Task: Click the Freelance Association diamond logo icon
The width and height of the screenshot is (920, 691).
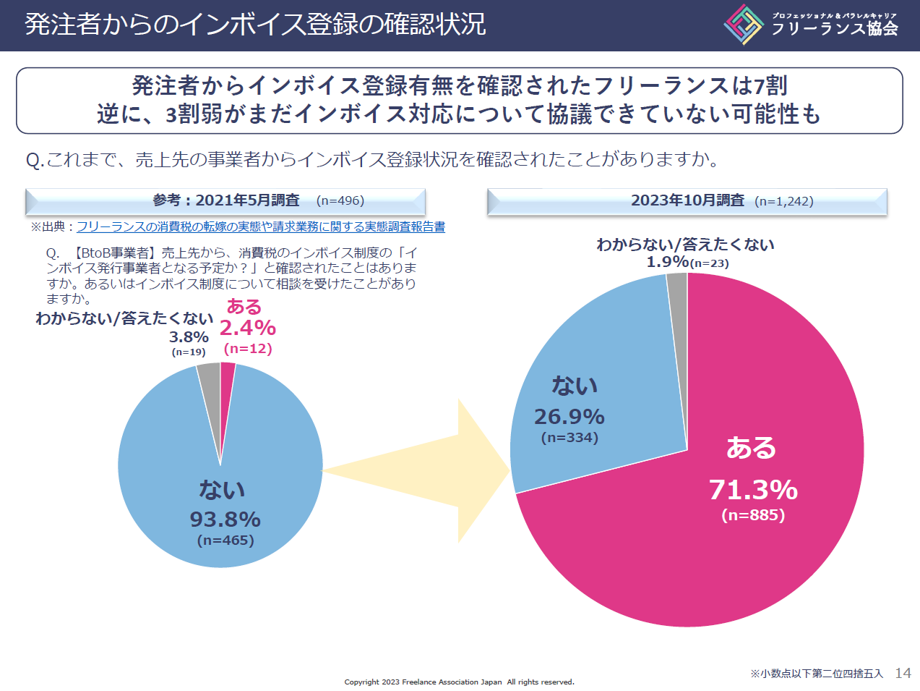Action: [744, 25]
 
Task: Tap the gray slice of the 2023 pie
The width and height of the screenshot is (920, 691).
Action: [678, 289]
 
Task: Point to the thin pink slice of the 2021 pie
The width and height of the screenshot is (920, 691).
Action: [226, 383]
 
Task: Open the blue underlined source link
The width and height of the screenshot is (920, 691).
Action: [260, 226]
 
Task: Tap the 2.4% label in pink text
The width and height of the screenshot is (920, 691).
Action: [247, 328]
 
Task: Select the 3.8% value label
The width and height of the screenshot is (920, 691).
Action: [189, 336]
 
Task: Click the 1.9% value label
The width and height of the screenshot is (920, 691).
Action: [667, 261]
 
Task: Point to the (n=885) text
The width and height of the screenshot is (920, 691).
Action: [753, 515]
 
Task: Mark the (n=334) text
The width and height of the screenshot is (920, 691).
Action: [569, 438]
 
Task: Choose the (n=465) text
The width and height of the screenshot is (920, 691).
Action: [225, 540]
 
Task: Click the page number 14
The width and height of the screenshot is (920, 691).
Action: [903, 673]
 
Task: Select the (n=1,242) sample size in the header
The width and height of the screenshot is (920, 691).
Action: [783, 201]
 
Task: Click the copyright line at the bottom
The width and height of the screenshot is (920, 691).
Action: [459, 682]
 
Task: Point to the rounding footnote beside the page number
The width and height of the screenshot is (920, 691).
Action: [816, 674]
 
